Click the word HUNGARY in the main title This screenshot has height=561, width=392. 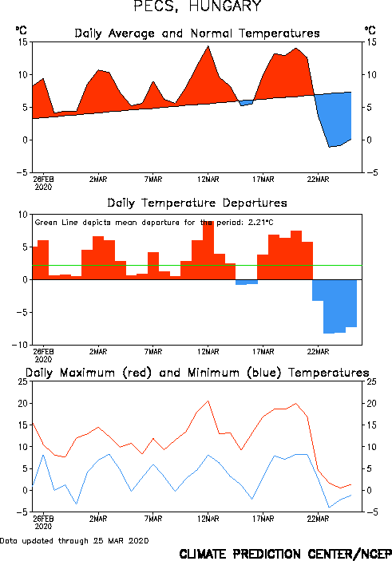pyautogui.click(x=225, y=6)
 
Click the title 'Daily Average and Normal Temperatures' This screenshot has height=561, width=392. pyautogui.click(x=197, y=34)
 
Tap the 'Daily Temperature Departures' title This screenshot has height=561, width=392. pyautogui.click(x=197, y=203)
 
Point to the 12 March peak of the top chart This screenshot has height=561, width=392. pyautogui.click(x=208, y=46)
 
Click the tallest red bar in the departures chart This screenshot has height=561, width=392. pyautogui.click(x=208, y=250)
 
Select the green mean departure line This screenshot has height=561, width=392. pyautogui.click(x=197, y=266)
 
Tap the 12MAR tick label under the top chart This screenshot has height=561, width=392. pyautogui.click(x=208, y=180)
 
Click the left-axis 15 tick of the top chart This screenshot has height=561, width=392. pyautogui.click(x=22, y=42)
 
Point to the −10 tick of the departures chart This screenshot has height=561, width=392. pyautogui.click(x=20, y=345)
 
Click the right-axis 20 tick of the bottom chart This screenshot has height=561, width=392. pyautogui.click(x=371, y=404)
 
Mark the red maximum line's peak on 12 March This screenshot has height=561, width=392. pyautogui.click(x=208, y=401)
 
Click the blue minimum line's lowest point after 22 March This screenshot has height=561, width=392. pyautogui.click(x=330, y=507)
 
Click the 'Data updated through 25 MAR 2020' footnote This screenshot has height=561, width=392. pyautogui.click(x=74, y=540)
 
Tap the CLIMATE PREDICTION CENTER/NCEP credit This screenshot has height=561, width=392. pyautogui.click(x=285, y=554)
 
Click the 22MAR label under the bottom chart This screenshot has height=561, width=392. pyautogui.click(x=318, y=519)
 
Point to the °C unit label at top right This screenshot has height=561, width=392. pyautogui.click(x=370, y=30)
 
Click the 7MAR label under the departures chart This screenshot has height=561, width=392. pyautogui.click(x=153, y=352)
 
